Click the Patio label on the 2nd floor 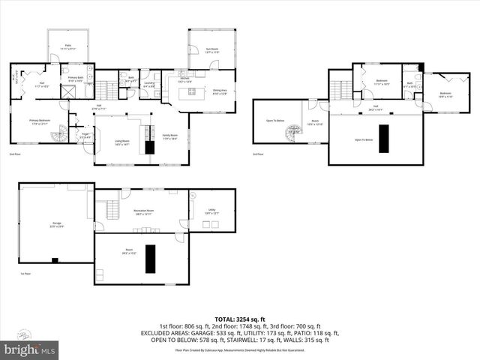[x=67, y=46]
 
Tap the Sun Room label [x=212, y=49]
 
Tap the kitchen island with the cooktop [x=186, y=94]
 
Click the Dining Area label [x=220, y=91]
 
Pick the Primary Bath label [x=76, y=78]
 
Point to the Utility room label [x=211, y=212]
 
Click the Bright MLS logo [x=30, y=349]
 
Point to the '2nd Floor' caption [x=14, y=154]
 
